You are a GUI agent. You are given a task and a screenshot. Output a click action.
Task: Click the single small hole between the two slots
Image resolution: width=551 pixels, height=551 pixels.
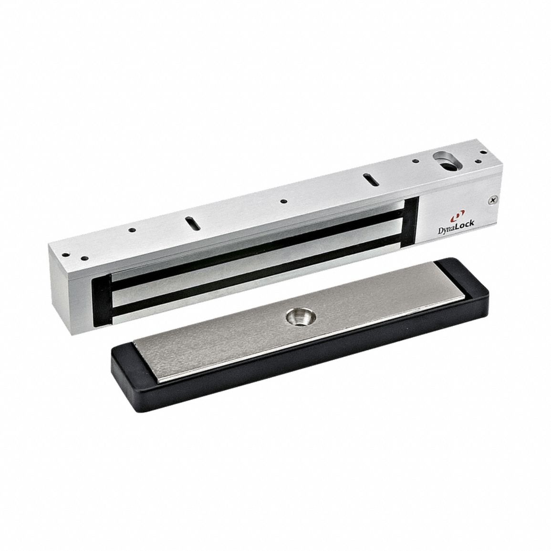click(x=283, y=202)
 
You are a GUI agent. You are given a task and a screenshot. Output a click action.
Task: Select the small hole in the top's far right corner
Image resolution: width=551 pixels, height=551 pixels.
click(x=484, y=152)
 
